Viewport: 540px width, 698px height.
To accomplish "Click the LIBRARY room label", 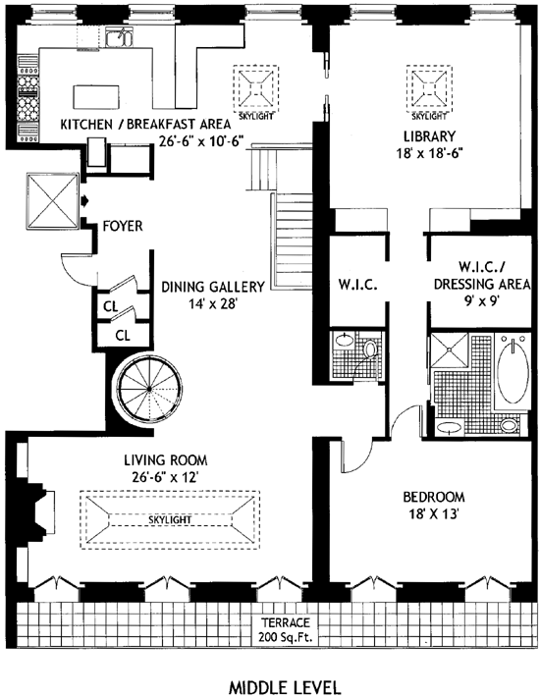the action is coord(429,135).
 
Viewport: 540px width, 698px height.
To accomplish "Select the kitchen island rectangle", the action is coord(96,96).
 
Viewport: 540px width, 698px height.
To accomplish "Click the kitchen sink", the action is coord(120,38).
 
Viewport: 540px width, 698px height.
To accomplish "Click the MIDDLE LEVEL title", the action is coord(285,687).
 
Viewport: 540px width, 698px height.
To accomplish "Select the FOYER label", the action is coord(123,226).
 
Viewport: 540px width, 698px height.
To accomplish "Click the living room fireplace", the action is coord(41,511).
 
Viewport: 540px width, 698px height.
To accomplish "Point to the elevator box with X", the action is coord(53,201).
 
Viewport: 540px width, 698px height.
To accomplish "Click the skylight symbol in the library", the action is coord(429,88).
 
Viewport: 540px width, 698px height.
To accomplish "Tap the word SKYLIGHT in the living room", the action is coord(170,520).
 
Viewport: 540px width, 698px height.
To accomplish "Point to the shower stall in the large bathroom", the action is coord(449,349).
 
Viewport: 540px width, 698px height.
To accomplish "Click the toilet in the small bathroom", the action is coord(369,349).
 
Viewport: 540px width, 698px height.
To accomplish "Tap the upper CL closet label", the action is coord(111,306).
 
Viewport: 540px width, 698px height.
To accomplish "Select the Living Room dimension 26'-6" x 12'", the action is coord(165,477).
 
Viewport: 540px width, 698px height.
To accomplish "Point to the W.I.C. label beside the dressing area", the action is coord(358,284).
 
